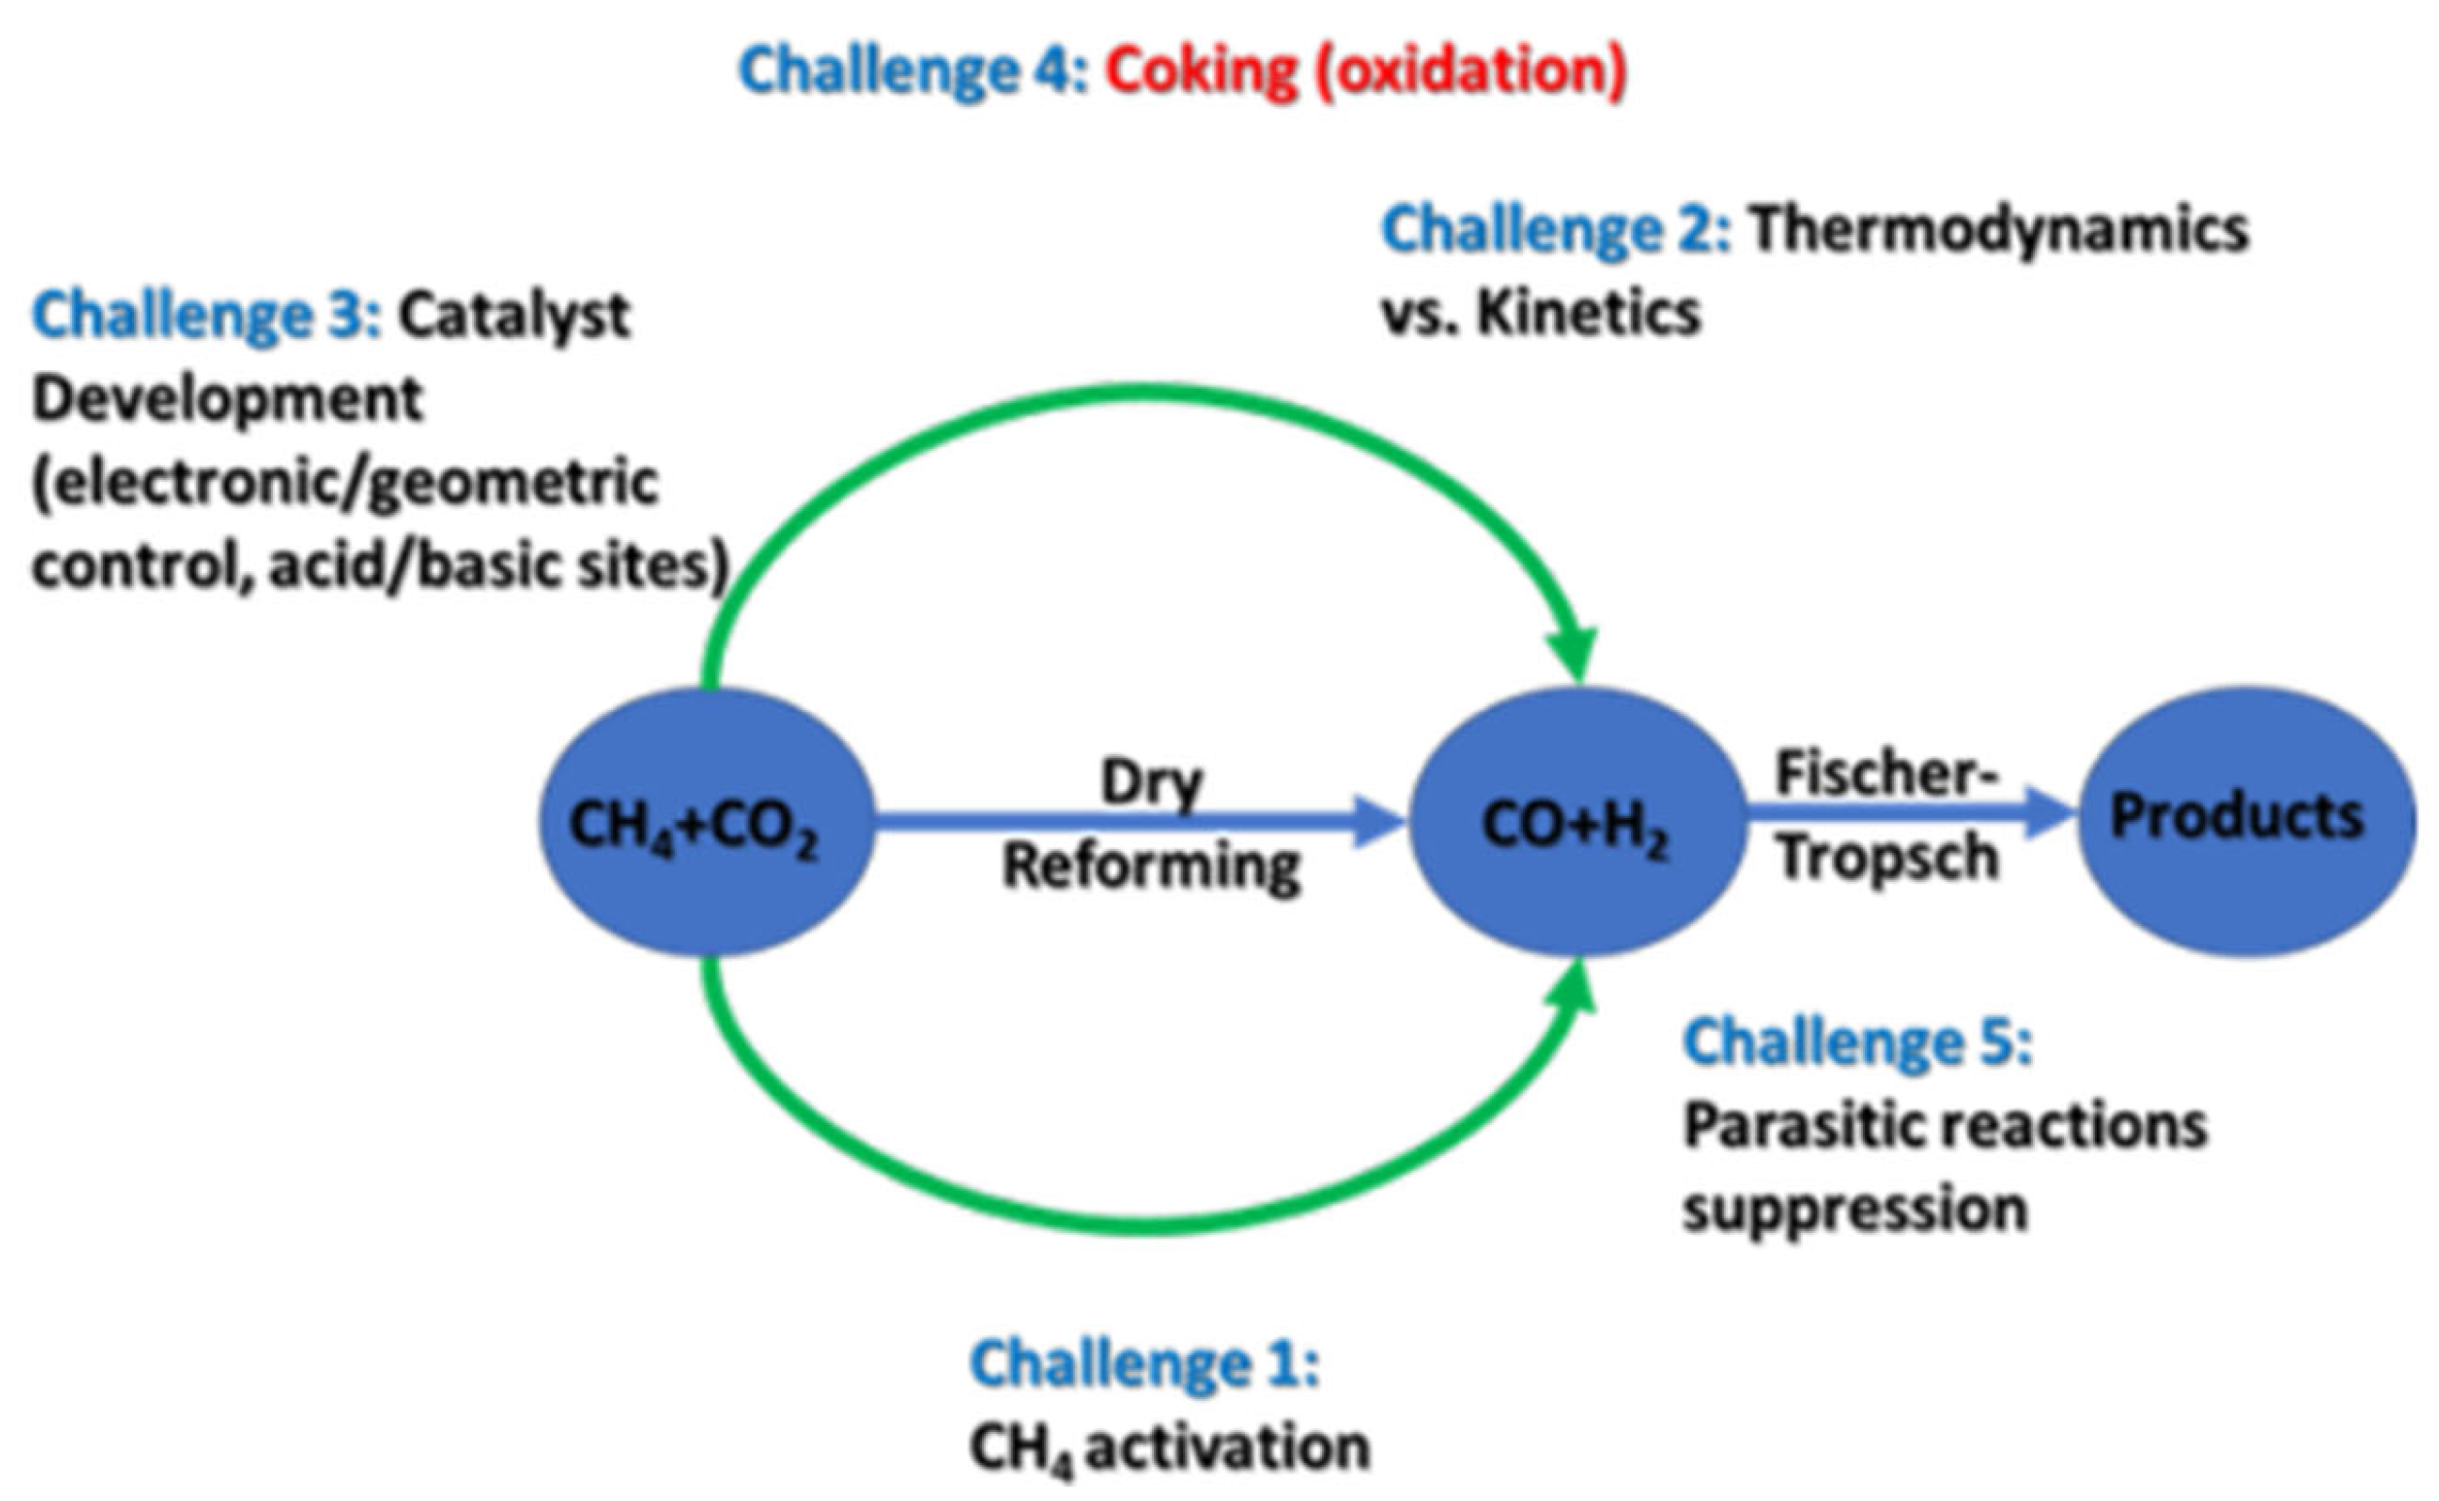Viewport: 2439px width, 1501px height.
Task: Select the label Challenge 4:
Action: coord(913,72)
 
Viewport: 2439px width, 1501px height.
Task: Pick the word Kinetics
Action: coord(1587,314)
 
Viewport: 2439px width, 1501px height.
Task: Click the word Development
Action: coord(228,399)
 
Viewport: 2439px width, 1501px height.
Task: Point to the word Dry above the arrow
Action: coord(1151,782)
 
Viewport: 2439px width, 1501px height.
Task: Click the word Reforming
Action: coord(1151,866)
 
